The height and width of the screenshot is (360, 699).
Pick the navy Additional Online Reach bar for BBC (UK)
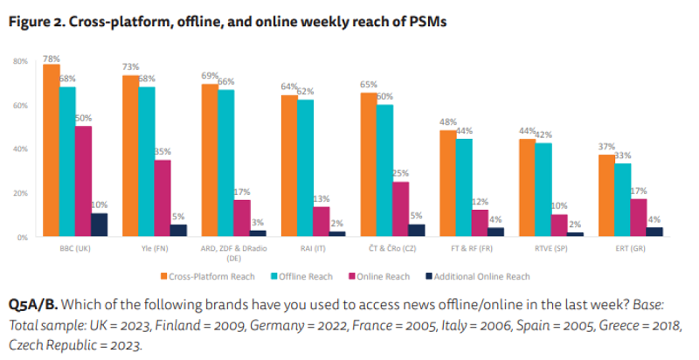100,225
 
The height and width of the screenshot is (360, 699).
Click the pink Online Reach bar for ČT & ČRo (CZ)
400,209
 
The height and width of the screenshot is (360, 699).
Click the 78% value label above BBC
52,59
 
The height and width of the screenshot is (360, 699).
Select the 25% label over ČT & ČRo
400,174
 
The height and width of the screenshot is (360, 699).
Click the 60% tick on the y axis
21,106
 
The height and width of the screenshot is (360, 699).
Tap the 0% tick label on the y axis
24,237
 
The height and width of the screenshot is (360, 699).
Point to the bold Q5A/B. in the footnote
33,305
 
